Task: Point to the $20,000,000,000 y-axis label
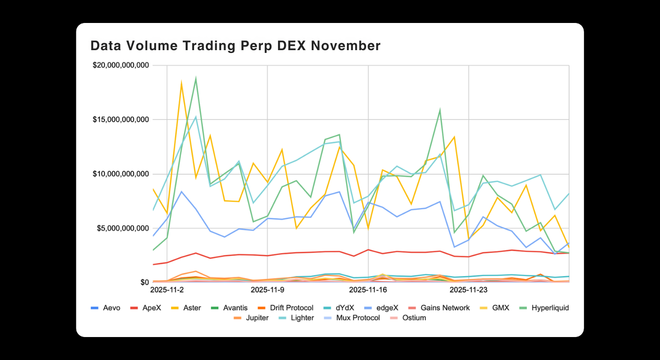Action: pyautogui.click(x=120, y=65)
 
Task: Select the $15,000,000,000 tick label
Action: pyautogui.click(x=120, y=120)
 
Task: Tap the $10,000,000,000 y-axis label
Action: pyautogui.click(x=120, y=174)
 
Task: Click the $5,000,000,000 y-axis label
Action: pyautogui.click(x=123, y=228)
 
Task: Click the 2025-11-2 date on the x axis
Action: pyautogui.click(x=166, y=290)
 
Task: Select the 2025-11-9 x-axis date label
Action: pyautogui.click(x=267, y=290)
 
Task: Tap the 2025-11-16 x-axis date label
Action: pyautogui.click(x=368, y=290)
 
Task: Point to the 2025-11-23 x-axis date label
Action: pyautogui.click(x=469, y=290)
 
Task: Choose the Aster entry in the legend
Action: pyautogui.click(x=192, y=308)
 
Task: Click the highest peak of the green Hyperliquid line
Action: pyautogui.click(x=195, y=78)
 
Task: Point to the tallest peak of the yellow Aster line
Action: pyautogui.click(x=181, y=83)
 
